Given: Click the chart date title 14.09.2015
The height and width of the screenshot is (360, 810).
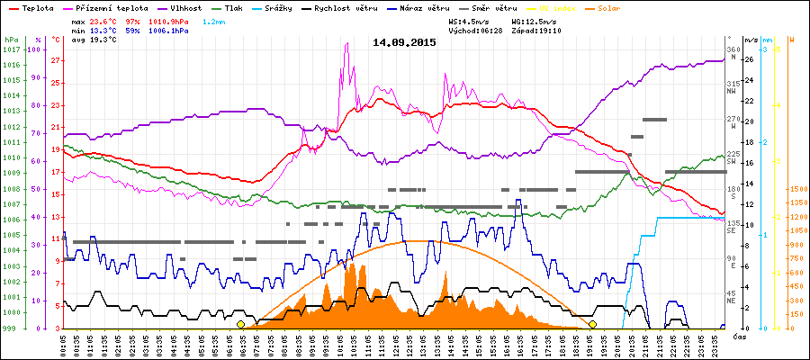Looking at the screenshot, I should pyautogui.click(x=404, y=42).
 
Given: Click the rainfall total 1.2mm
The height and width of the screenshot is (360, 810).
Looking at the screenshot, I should pyautogui.click(x=214, y=21).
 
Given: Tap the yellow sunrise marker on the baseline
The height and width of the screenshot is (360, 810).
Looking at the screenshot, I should pyautogui.click(x=240, y=324).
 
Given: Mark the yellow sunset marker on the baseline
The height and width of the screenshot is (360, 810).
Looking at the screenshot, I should pyautogui.click(x=592, y=324).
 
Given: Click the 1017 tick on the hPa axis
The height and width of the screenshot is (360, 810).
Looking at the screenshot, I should pyautogui.click(x=12, y=49).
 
